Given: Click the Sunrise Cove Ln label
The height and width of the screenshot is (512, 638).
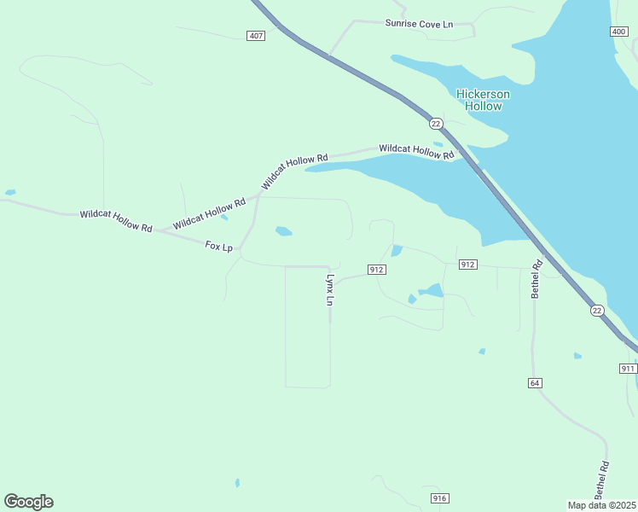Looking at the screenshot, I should point(419,24).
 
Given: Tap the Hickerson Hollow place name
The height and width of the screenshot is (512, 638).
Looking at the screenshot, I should point(483,100).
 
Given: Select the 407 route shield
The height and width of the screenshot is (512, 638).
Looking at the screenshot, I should point(257,36).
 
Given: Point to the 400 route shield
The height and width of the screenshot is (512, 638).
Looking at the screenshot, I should point(618,32).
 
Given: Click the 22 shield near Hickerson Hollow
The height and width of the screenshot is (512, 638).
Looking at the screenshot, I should point(436,124).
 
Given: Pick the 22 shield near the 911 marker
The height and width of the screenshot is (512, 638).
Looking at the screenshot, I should point(595,311).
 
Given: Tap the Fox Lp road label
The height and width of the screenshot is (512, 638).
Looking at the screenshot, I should point(219,246).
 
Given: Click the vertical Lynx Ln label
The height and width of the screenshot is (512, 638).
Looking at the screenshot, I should point(329,289).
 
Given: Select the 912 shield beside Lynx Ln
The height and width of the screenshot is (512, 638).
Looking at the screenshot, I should point(377,270).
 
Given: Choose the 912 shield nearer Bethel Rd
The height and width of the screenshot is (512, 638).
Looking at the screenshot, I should point(467,265).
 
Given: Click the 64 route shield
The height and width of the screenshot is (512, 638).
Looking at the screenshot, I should point(535,383).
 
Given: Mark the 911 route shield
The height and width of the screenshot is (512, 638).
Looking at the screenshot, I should point(628,368).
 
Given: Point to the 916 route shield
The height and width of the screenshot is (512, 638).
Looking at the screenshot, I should point(439,498).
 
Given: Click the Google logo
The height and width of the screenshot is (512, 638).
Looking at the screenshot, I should point(28,502).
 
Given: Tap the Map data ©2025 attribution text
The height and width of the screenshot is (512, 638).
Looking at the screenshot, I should point(601,505).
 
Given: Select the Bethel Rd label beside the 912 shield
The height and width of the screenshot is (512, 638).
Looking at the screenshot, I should point(536,279).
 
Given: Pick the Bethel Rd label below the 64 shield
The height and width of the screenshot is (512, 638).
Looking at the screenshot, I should point(602,480).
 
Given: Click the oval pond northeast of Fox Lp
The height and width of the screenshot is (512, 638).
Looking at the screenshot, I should point(283,230).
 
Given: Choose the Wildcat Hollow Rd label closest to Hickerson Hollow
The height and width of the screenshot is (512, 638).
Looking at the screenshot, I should point(416,150).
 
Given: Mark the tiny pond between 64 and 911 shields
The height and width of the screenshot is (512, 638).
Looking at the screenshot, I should point(577,355).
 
